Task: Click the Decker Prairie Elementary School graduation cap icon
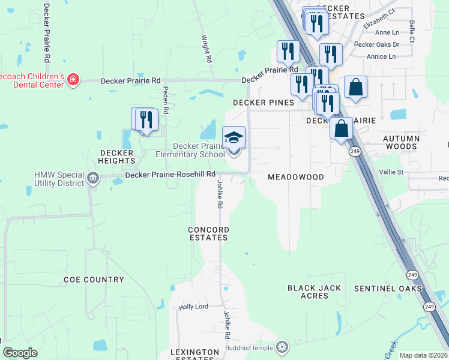234,137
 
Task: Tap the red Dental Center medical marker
73,80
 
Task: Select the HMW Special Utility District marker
93,178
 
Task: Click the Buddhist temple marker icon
282,347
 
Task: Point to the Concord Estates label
208,233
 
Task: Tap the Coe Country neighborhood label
94,280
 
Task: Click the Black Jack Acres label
315,292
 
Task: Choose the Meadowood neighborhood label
295,177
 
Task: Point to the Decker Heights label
117,157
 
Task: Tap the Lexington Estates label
194,354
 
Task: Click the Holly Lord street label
193,307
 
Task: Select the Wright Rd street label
206,47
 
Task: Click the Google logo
20,353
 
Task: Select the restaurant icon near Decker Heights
146,119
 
